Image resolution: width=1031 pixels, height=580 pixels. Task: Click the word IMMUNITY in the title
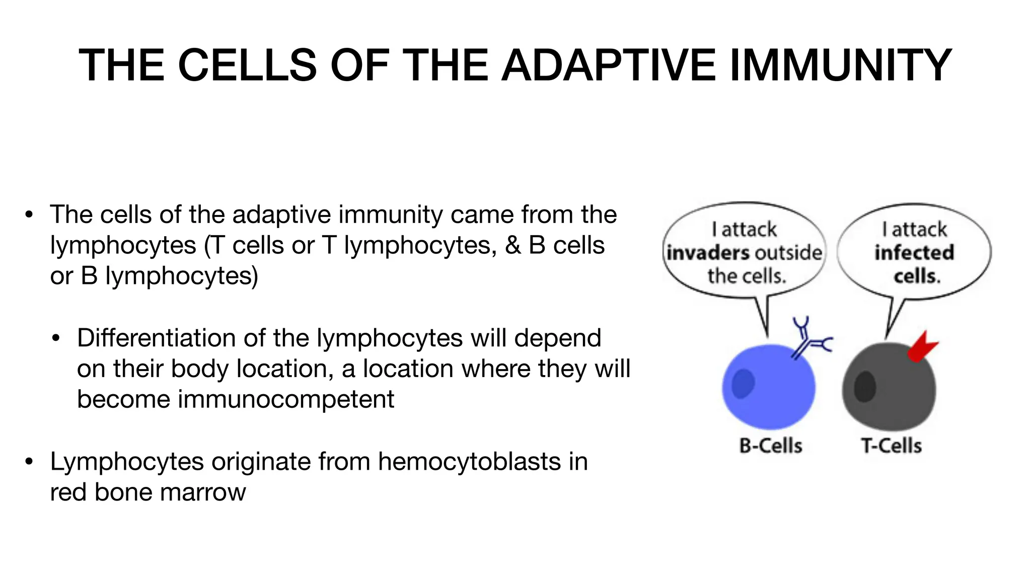click(x=840, y=65)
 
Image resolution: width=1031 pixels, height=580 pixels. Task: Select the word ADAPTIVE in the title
click(x=609, y=65)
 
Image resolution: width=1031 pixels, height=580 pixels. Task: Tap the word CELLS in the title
click(x=247, y=65)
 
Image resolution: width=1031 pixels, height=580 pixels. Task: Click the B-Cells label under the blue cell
click(x=770, y=446)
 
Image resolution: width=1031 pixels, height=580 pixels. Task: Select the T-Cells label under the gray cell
click(x=891, y=446)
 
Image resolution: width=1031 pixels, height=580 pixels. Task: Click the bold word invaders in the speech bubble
click(x=707, y=253)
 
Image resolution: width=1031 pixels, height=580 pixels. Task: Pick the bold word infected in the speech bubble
click(x=914, y=253)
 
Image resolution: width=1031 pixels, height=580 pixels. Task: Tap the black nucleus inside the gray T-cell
click(x=865, y=387)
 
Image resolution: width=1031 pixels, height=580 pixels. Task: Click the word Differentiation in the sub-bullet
click(x=156, y=338)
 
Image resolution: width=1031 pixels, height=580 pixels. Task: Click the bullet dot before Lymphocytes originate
click(x=29, y=461)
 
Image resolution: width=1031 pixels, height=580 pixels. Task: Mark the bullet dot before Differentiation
click(x=56, y=338)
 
